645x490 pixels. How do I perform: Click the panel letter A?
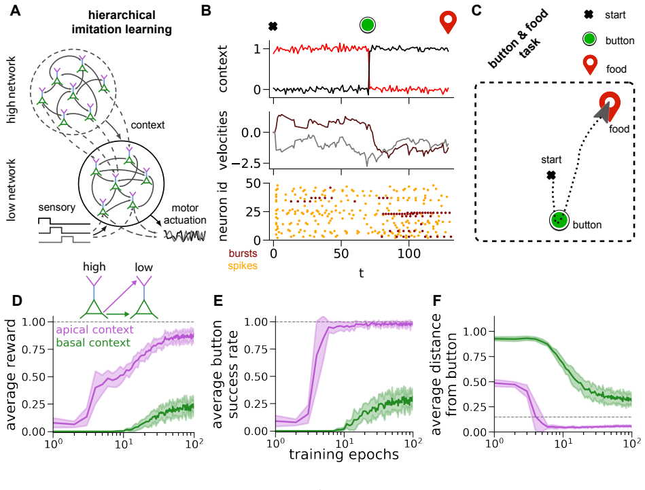(15, 10)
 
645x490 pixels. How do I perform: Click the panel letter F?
(437, 301)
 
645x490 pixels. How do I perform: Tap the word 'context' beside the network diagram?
(147, 124)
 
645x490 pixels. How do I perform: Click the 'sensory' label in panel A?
(57, 207)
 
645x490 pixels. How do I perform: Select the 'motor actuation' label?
(185, 214)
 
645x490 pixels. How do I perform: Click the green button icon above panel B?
(367, 25)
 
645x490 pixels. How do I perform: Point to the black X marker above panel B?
(273, 27)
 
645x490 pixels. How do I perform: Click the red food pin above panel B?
(448, 22)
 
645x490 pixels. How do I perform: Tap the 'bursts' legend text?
(243, 253)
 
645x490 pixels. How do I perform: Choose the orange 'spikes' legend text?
(243, 266)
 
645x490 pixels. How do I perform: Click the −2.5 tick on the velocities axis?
(247, 163)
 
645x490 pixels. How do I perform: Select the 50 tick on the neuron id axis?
(254, 183)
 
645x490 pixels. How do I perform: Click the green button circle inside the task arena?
(559, 220)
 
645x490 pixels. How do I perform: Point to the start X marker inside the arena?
(551, 175)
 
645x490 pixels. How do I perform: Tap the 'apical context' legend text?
(94, 330)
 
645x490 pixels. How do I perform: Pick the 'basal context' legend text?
(93, 343)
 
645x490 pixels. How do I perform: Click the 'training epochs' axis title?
(344, 455)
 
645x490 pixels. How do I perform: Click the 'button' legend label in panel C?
(620, 41)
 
